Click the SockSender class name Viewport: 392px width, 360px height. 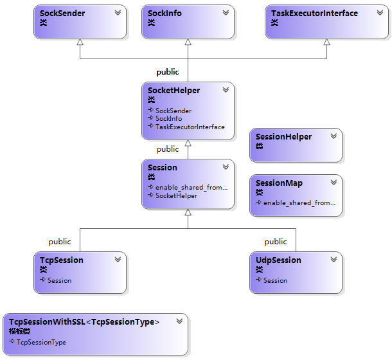tap(62, 13)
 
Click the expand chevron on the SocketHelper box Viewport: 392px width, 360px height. tap(226, 91)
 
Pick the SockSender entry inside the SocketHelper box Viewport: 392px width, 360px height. tap(173, 111)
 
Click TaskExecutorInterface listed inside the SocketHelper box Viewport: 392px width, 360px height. tap(190, 127)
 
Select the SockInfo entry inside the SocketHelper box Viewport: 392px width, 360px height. tap(168, 118)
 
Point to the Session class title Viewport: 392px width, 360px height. tap(163, 167)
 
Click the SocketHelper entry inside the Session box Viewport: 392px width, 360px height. tap(175, 195)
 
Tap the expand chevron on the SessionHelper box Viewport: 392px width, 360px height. tap(334, 136)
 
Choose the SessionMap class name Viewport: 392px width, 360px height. tap(279, 183)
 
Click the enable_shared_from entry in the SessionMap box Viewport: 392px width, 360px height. tap(299, 203)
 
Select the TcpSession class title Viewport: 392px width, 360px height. tap(62, 260)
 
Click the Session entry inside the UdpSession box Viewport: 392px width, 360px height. tap(275, 280)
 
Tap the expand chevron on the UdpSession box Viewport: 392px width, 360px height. tap(334, 260)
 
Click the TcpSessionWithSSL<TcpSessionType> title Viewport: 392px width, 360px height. tap(84, 321)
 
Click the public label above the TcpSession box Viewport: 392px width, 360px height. tap(60, 242)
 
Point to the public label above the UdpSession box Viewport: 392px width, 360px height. tap(276, 242)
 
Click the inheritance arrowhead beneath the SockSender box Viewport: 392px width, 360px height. tap(80, 42)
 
